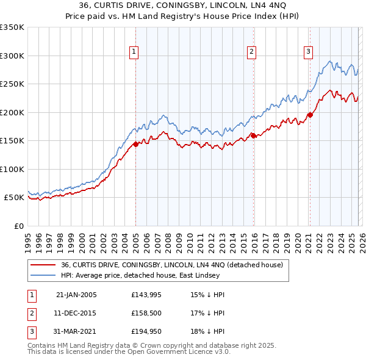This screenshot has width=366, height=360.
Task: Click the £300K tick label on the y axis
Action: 12,56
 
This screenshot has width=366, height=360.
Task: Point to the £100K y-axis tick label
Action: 12,169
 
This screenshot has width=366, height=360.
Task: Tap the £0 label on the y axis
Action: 18,226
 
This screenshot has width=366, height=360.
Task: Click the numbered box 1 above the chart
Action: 134,52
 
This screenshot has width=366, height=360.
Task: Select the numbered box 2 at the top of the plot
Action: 251,52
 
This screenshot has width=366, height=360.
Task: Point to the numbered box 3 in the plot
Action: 309,52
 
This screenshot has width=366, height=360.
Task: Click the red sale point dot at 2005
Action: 135,144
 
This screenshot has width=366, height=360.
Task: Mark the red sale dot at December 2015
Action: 253,136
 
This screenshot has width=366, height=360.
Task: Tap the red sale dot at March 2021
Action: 310,115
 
